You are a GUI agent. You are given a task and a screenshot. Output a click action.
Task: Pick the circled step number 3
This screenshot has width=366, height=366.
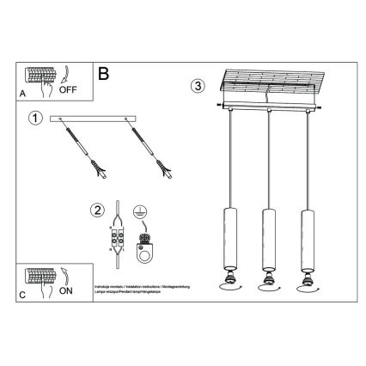(198, 86)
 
